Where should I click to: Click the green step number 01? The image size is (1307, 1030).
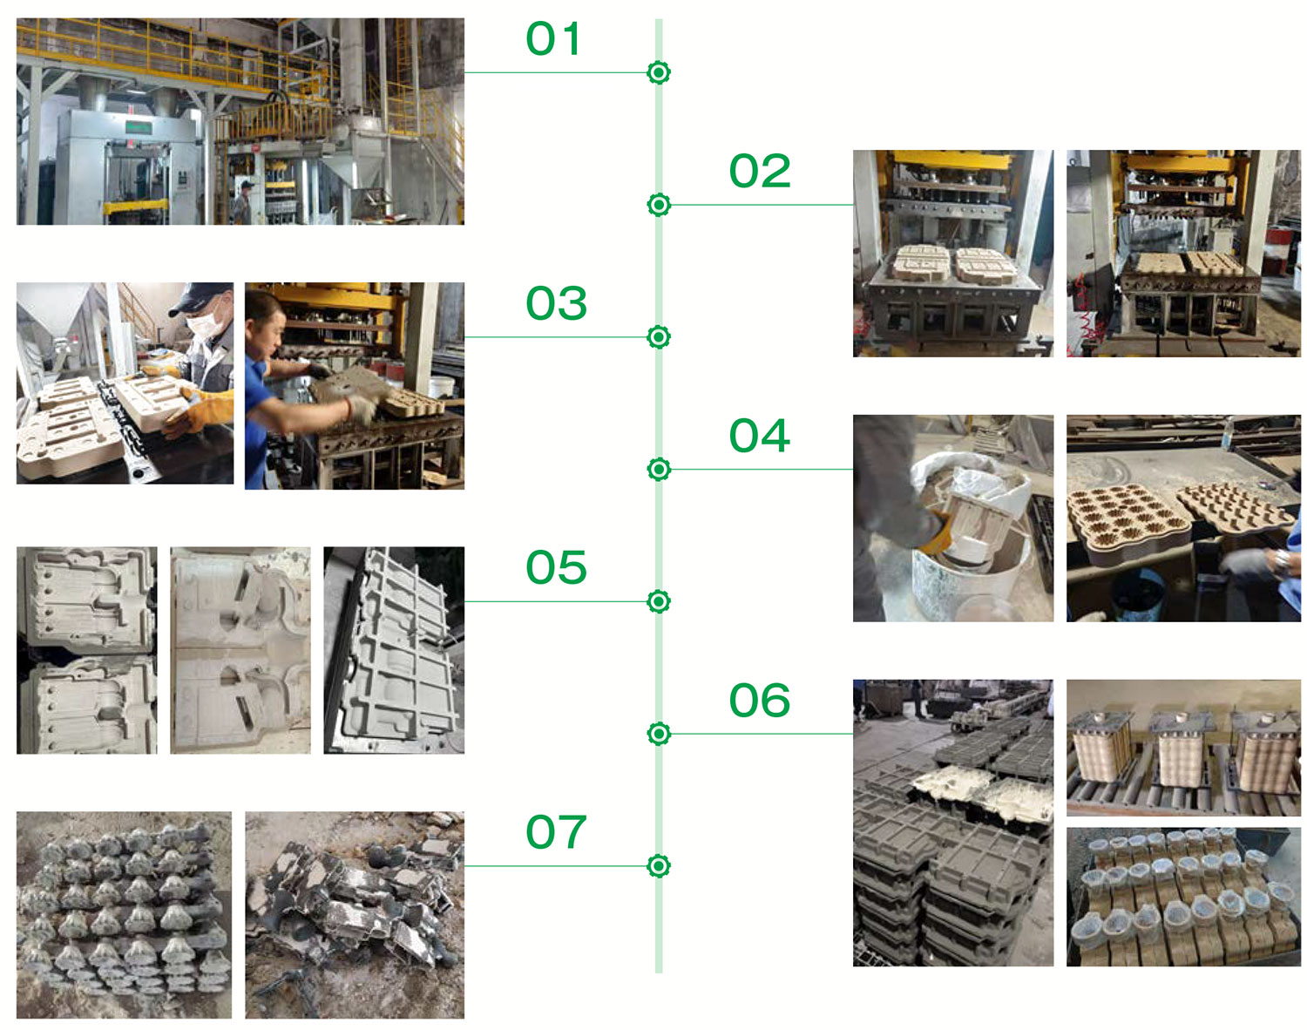[552, 39]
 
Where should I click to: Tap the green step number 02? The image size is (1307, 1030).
[759, 171]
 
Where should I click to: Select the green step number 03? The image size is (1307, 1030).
[556, 303]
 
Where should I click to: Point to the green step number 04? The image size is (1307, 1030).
[759, 436]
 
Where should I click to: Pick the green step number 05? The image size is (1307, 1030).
[556, 567]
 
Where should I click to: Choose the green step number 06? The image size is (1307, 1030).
[759, 701]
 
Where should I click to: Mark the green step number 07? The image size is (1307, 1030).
[556, 832]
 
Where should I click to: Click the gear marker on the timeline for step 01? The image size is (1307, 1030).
[659, 73]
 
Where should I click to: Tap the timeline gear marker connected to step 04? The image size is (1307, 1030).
[659, 470]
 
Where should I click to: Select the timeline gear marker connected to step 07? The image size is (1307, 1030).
[659, 866]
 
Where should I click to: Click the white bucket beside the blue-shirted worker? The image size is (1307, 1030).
[440, 389]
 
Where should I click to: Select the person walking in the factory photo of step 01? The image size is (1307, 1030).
[244, 201]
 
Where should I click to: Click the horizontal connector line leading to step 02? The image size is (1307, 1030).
[762, 206]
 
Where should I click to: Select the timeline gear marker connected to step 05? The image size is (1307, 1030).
[659, 602]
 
